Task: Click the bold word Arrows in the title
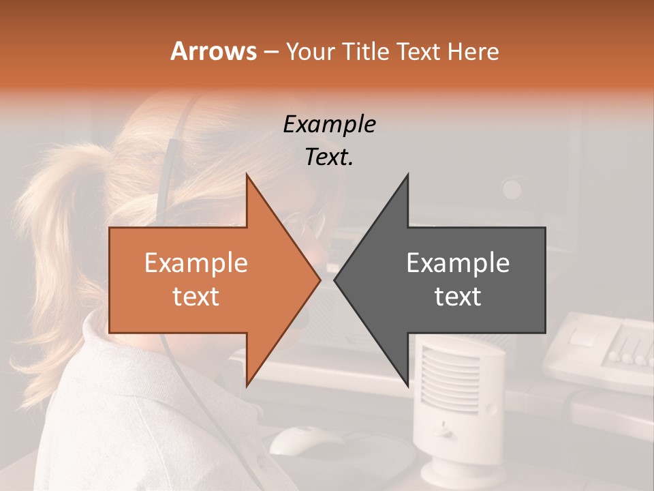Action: click(213, 51)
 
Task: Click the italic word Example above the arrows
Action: click(329, 124)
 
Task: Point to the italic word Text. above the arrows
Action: click(329, 158)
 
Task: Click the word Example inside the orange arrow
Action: click(196, 263)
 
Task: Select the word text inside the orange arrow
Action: click(196, 297)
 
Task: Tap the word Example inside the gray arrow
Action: click(458, 263)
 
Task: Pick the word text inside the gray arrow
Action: click(458, 297)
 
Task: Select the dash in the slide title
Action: click(270, 52)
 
